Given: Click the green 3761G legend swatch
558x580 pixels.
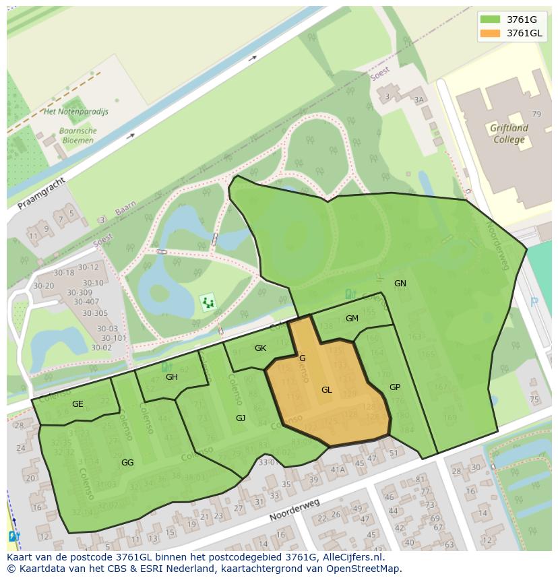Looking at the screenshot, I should pos(491,20).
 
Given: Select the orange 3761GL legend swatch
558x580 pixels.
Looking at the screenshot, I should pos(491,33).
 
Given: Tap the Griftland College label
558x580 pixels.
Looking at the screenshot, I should pos(509,133).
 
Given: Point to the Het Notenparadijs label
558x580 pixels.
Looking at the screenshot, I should pos(75,112).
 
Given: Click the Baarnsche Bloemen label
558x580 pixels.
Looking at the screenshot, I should pos(77,135).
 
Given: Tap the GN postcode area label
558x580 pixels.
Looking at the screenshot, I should pos(400,284).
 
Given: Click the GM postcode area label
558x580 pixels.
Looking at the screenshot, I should pos(352,319).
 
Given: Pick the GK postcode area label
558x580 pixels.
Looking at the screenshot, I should pos(261,348).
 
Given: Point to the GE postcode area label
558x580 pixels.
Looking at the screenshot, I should pos(77,404).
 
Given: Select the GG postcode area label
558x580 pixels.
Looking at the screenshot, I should pos(127,463).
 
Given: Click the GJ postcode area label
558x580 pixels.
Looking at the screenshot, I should pos(241,418).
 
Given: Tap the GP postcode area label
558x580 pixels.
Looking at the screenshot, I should pos(395,387).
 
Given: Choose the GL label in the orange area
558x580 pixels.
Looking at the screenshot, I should pos(327,390).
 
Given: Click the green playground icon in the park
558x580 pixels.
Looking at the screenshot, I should pos(208,302).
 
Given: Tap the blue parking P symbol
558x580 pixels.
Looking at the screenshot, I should pos(534,302).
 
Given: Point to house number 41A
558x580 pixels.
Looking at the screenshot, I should pos(338,470).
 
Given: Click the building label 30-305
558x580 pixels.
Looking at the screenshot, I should pos(95,313).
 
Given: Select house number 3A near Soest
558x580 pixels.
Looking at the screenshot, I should pos(420,100).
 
